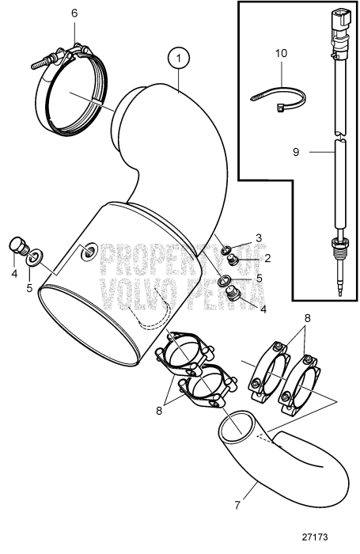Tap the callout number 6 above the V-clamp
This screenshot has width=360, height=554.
coord(74,13)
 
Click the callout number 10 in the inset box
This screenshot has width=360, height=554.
coord(281,53)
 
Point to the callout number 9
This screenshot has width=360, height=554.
coord(296,152)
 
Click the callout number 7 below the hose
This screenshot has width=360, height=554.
coord(237,505)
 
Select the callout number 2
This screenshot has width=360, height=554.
coord(267,258)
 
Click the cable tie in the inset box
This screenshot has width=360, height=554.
coord(278,98)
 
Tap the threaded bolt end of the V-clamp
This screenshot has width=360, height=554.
coord(40,63)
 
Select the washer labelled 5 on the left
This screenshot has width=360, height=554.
coord(34,257)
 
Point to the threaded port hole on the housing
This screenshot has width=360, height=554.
coord(88,252)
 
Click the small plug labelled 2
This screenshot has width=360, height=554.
coord(233,260)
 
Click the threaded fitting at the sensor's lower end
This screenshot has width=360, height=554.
coord(339,245)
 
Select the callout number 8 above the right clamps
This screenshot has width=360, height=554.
coord(307,318)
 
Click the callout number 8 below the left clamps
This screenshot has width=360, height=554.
coord(159,411)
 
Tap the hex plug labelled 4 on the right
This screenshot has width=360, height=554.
coord(233,293)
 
